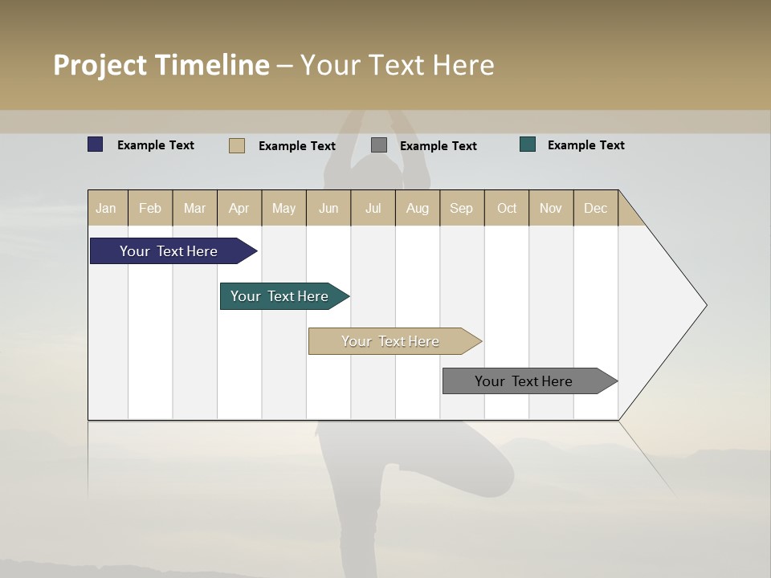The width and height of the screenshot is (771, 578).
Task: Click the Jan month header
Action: (106, 208)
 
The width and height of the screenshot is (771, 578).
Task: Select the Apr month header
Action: (239, 208)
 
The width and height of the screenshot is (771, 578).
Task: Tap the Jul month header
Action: (373, 208)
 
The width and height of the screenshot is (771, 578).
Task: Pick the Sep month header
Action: (461, 208)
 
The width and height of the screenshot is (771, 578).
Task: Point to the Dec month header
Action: (595, 208)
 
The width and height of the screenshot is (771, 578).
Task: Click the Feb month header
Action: (150, 208)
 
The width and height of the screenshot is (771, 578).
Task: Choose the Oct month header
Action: (507, 208)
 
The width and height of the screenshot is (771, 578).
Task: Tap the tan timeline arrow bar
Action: (391, 341)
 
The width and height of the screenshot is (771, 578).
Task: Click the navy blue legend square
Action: (96, 144)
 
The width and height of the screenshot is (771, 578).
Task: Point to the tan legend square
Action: (237, 145)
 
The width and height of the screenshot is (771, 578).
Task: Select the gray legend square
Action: (379, 145)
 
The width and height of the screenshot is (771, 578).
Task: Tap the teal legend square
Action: (528, 144)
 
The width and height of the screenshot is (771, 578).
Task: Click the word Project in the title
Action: (101, 65)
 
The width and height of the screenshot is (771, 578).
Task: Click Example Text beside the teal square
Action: (585, 145)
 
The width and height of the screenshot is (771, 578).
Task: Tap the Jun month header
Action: (328, 208)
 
